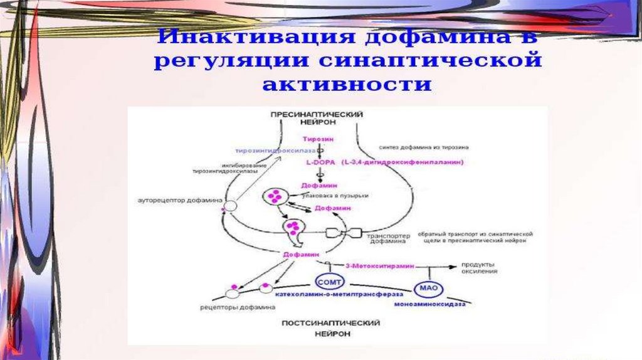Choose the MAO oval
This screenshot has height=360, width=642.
tap(429, 289)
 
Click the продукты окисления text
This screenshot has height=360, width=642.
tap(480, 268)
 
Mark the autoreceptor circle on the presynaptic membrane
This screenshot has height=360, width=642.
tap(231, 205)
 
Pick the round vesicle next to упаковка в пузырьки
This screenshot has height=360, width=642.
tap(274, 197)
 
